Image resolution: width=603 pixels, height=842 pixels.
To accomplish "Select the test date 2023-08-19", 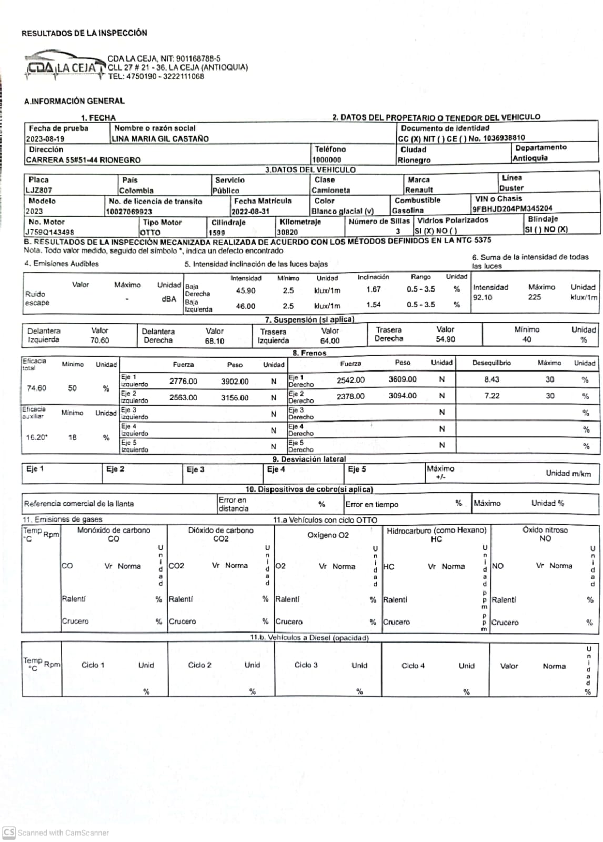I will tap(45, 139).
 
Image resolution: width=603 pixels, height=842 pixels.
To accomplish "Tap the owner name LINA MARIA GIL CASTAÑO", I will tap(160, 139).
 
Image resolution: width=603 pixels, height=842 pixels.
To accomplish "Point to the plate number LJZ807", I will tap(39, 190).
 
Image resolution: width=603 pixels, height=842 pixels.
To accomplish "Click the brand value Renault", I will tap(419, 190).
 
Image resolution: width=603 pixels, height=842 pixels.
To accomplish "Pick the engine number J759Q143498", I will tap(50, 232).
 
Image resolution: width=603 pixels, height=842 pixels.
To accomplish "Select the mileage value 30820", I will tap(287, 232).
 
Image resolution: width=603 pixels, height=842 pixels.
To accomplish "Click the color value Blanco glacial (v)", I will tap(342, 211).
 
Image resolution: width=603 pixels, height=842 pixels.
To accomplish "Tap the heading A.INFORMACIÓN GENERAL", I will tap(74, 101).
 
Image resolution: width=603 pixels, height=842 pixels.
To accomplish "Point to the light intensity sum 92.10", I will tap(483, 297).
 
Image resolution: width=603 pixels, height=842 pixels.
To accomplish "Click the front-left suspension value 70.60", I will tap(99, 340).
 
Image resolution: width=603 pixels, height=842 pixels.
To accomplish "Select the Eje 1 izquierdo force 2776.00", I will tap(183, 381).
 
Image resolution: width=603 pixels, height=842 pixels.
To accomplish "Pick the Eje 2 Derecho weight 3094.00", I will tap(403, 396).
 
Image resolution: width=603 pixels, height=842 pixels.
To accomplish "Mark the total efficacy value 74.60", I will tap(36, 388).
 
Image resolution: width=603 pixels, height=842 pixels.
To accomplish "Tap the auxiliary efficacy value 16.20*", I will tap(37, 437).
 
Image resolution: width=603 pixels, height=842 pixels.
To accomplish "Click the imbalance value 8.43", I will tap(491, 379).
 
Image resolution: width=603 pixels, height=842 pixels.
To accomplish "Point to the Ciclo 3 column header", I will tap(306, 665).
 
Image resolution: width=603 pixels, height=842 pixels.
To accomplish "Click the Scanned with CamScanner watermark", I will tap(56, 833).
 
